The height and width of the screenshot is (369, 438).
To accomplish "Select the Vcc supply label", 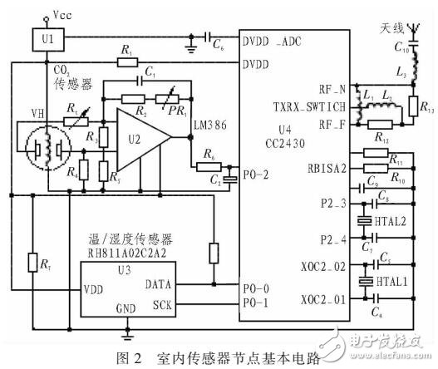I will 63,15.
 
